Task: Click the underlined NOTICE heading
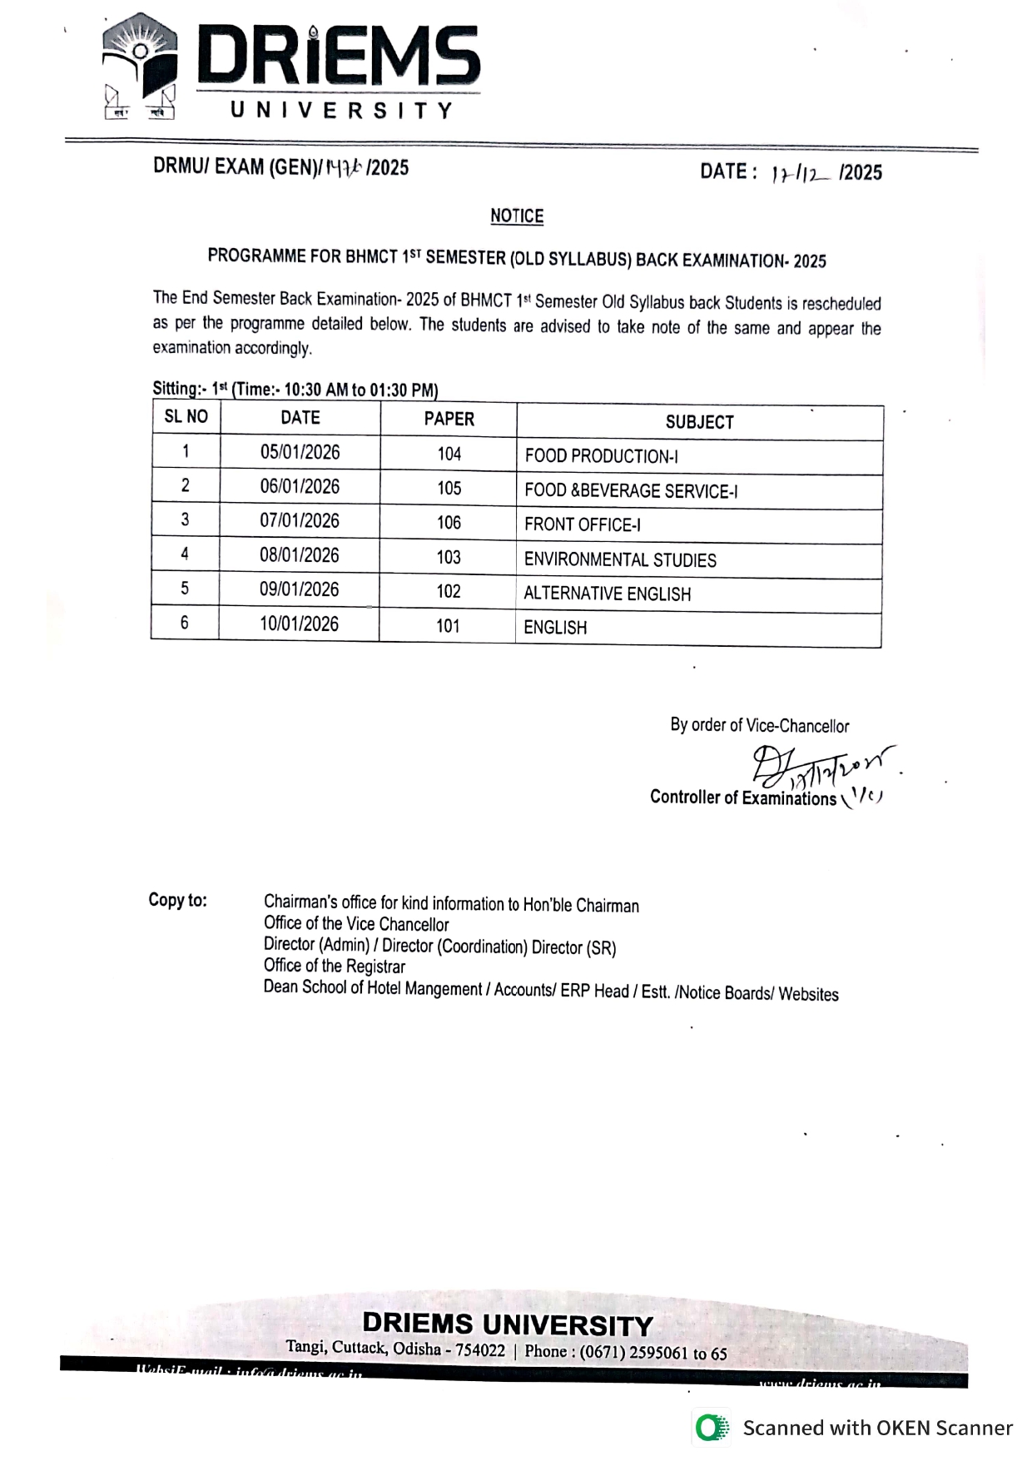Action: [x=516, y=216]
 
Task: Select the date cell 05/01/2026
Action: [x=300, y=452]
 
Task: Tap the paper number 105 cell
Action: [x=449, y=488]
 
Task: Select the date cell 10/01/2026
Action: [x=299, y=624]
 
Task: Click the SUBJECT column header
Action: [x=699, y=422]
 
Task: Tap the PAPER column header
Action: [x=449, y=419]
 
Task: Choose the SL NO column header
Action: [x=186, y=417]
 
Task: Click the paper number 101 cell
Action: [x=448, y=626]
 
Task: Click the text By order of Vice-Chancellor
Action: [x=759, y=725]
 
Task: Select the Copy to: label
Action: [x=177, y=900]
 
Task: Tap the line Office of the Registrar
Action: [x=335, y=967]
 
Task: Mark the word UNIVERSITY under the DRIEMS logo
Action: [x=341, y=111]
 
